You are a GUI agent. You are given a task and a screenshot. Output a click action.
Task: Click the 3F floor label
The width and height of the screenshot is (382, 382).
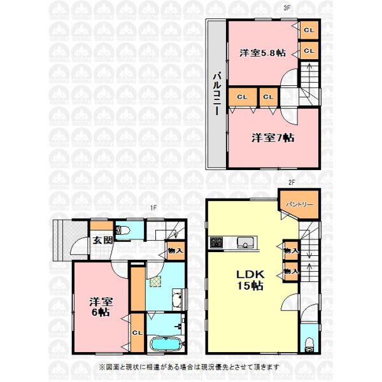286,8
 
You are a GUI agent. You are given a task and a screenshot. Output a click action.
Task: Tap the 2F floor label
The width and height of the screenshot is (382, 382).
292,182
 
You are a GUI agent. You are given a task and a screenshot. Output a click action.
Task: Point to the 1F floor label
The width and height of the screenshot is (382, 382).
153,208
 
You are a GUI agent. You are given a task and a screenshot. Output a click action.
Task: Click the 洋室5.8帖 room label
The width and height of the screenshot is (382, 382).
262,53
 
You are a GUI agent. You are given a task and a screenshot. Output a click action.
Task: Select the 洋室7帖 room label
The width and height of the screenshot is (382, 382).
273,138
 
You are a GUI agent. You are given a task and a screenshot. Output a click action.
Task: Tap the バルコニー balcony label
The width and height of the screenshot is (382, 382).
217,94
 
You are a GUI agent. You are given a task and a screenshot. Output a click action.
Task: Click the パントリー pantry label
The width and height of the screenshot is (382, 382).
299,204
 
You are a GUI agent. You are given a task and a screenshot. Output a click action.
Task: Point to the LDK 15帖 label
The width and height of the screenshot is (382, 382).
250,280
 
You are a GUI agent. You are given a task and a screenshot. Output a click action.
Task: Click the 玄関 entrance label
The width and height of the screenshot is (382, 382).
103,240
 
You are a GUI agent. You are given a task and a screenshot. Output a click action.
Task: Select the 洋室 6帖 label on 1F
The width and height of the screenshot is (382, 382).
101,308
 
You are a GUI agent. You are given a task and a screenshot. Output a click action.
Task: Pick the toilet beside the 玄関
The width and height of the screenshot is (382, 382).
121,230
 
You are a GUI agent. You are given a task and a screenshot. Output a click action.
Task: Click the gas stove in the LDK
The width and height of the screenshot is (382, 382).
216,243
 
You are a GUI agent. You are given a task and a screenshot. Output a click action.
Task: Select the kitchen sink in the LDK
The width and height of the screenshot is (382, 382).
246,243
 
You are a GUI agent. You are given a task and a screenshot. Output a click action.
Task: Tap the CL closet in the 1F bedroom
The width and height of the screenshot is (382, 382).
138,333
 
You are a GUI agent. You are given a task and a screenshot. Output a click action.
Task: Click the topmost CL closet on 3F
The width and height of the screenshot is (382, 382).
309,30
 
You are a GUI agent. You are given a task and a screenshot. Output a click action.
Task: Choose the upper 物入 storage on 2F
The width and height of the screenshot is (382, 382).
291,250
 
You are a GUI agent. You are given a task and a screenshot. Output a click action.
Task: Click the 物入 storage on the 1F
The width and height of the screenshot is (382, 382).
176,250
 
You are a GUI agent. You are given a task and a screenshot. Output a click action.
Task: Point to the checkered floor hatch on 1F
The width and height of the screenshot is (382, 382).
155,281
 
